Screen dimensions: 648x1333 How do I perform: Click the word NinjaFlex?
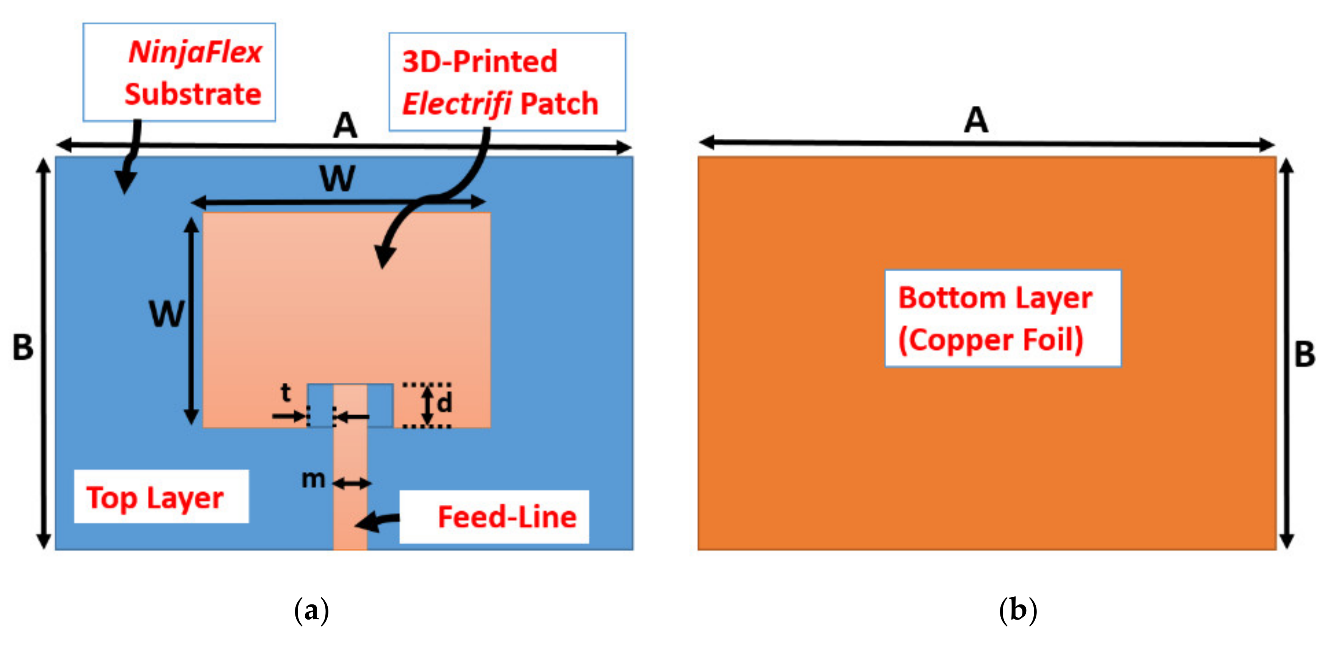(195, 53)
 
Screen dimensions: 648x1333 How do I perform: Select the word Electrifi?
(457, 103)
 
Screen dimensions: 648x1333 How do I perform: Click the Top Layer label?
(155, 498)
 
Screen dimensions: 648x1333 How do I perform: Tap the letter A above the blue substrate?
(345, 126)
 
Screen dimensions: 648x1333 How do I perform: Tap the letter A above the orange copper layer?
(976, 121)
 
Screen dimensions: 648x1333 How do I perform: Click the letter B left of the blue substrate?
(23, 347)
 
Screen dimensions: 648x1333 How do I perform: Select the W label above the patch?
(338, 178)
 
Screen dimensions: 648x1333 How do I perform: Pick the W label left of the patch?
(166, 314)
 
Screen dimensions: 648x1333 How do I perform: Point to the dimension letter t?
(286, 393)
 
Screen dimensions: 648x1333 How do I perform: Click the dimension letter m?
(314, 479)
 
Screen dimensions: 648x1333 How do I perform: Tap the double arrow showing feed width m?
(352, 484)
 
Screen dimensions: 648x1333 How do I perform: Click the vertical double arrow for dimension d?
(427, 405)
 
